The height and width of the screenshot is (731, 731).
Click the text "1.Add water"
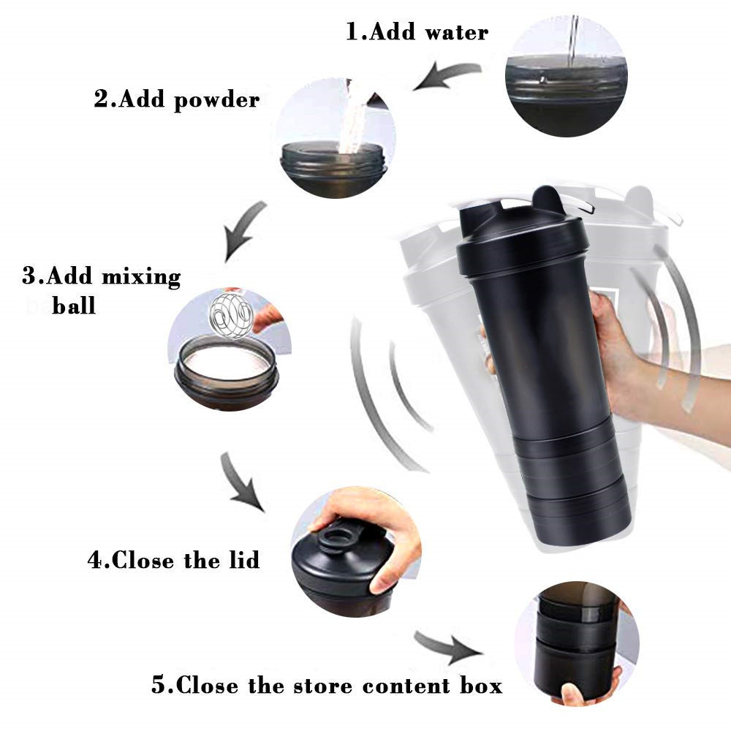pos(417,31)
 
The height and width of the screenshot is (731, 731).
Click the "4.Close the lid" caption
pos(174,561)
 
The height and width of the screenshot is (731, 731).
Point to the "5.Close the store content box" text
pos(327,686)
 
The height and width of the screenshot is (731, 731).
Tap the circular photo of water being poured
pos(566,75)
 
